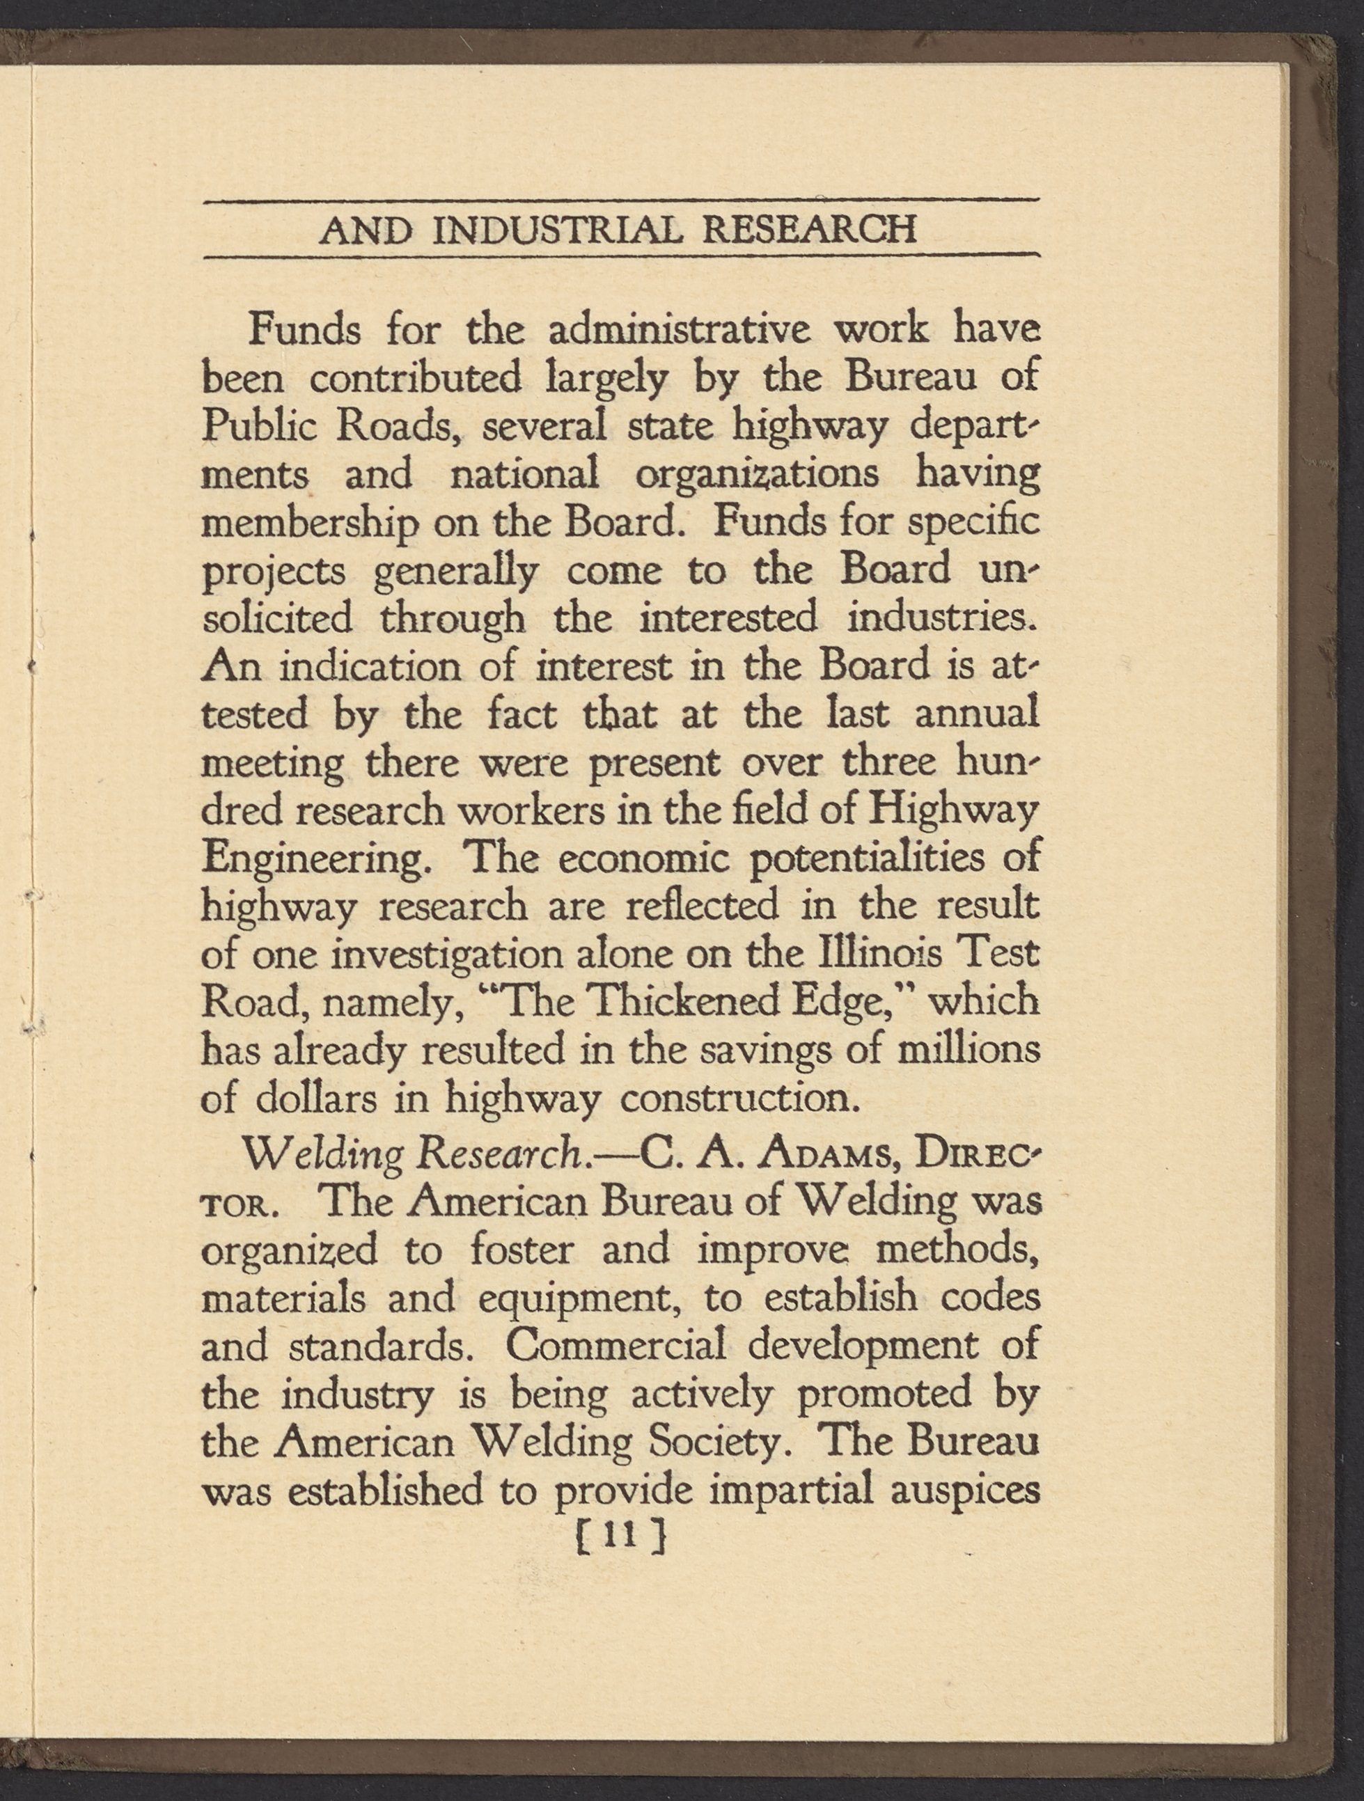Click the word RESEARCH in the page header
(808, 230)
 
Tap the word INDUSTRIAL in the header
(561, 230)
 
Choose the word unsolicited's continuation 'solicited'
(277, 619)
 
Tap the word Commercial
(616, 1346)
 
